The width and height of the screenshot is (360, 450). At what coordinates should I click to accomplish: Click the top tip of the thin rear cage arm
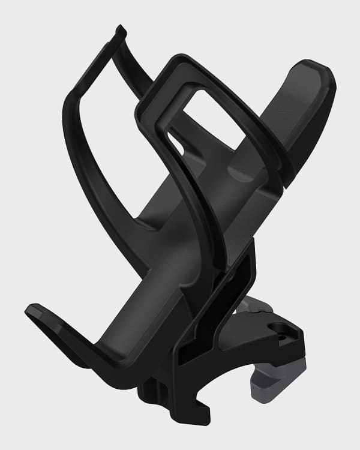121,29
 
